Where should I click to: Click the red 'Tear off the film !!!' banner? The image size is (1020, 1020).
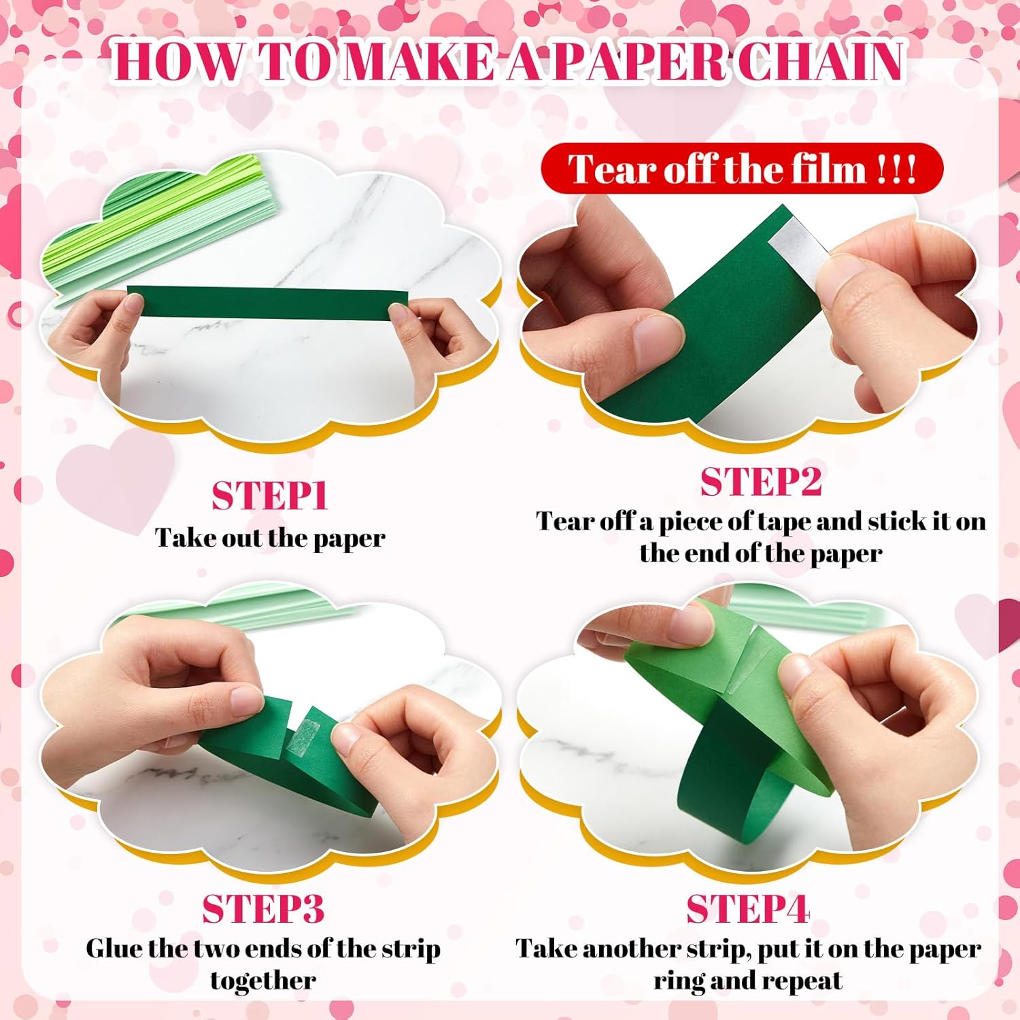click(x=742, y=169)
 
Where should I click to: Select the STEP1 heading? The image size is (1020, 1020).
click(x=270, y=496)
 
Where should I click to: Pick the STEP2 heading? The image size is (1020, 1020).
click(x=761, y=482)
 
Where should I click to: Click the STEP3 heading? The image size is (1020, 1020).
click(x=263, y=908)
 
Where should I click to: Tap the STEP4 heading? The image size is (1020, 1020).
click(x=747, y=908)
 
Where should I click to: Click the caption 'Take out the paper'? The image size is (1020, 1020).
click(x=270, y=538)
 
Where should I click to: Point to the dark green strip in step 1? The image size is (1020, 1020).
click(x=267, y=302)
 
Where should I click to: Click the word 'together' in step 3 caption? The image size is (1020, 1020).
click(x=263, y=981)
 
